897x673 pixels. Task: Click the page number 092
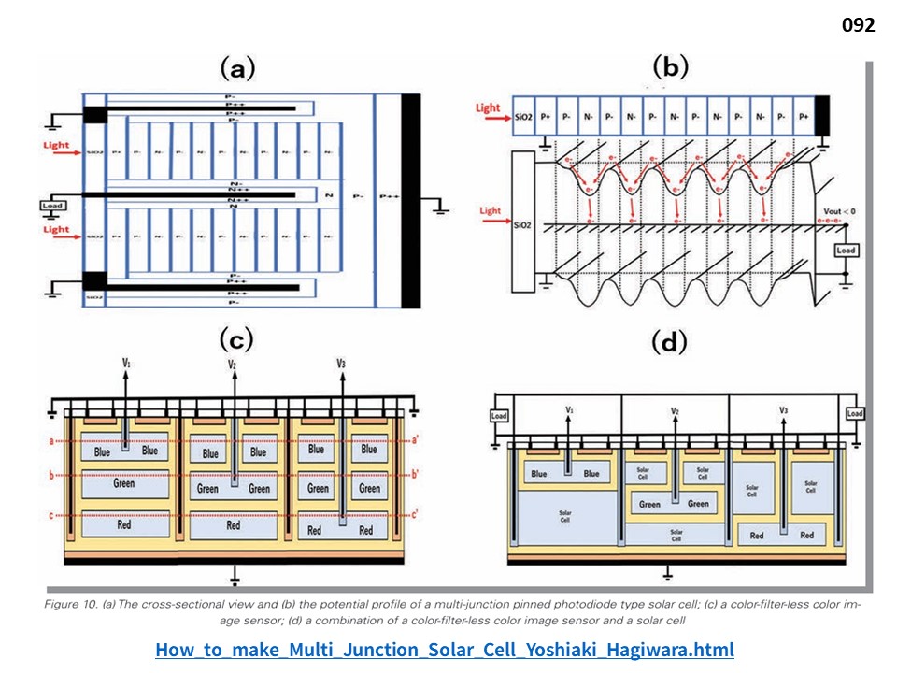(x=858, y=25)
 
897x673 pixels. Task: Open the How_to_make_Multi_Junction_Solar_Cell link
(x=444, y=650)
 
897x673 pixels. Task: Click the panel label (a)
(x=237, y=68)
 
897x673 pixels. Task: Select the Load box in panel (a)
(x=52, y=205)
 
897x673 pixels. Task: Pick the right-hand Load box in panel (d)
(x=853, y=414)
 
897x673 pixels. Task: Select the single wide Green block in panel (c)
(x=124, y=484)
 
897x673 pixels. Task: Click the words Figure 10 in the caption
(x=69, y=605)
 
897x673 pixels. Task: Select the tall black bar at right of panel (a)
(x=410, y=200)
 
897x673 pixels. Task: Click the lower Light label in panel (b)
(x=490, y=211)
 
